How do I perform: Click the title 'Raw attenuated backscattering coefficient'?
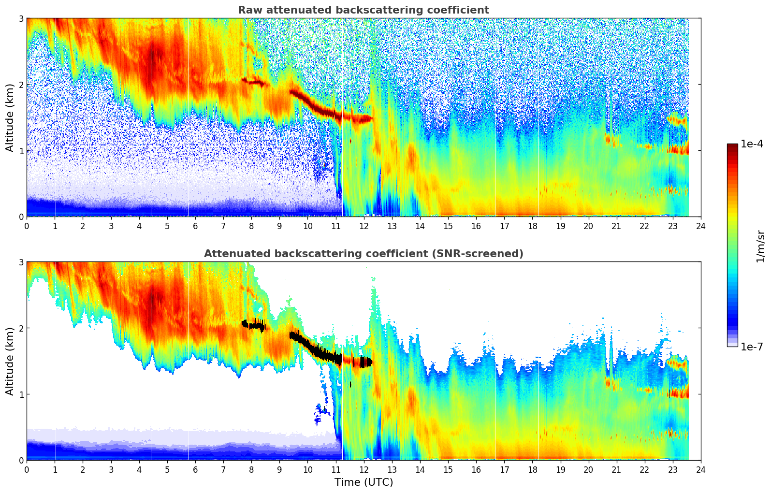click(x=363, y=10)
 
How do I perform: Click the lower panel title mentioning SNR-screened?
click(x=363, y=254)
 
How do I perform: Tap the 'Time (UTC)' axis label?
click(x=364, y=482)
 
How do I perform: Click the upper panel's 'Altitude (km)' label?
click(x=10, y=117)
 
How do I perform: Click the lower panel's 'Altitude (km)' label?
click(x=10, y=361)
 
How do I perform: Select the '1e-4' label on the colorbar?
click(x=752, y=144)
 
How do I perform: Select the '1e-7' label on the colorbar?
click(x=752, y=347)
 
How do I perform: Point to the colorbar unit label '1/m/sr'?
click(x=760, y=246)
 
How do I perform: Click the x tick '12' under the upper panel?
click(x=364, y=226)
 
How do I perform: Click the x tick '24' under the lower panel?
click(x=700, y=469)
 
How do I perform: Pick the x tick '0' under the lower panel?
click(x=27, y=469)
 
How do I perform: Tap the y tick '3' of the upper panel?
click(x=21, y=18)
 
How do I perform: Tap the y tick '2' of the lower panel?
click(x=21, y=328)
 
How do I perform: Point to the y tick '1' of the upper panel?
click(x=21, y=151)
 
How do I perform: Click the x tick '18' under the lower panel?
click(x=532, y=469)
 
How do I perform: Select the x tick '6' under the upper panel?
click(x=195, y=226)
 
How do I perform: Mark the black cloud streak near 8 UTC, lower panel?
click(x=253, y=325)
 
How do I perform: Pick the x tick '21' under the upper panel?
click(x=616, y=226)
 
